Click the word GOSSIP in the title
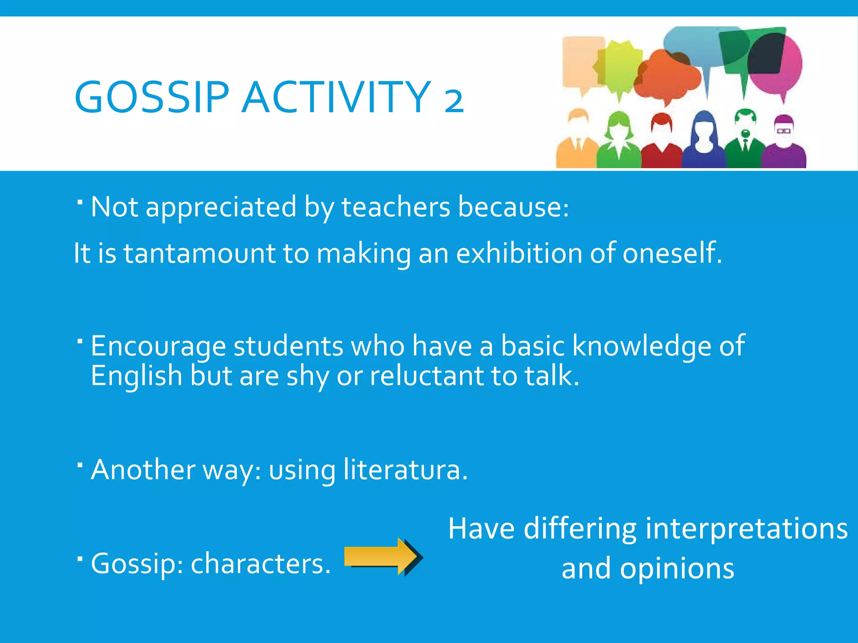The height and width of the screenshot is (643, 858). pyautogui.click(x=152, y=97)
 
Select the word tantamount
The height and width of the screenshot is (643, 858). pyautogui.click(x=199, y=254)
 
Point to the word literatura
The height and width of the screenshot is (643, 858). pyautogui.click(x=405, y=470)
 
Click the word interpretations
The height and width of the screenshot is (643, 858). pyautogui.click(x=746, y=529)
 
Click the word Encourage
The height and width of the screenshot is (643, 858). pyautogui.click(x=158, y=347)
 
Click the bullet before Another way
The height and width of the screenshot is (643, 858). pyautogui.click(x=80, y=465)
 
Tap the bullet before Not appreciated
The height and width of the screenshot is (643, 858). pyautogui.click(x=80, y=202)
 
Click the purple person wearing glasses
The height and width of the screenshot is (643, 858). pyautogui.click(x=784, y=142)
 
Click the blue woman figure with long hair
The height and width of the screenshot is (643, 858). pyautogui.click(x=704, y=140)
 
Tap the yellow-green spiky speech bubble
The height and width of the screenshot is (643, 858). pyautogui.click(x=618, y=69)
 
